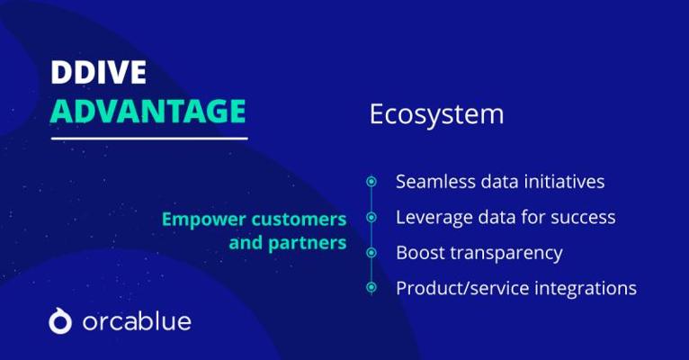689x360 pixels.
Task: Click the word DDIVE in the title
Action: pyautogui.click(x=98, y=72)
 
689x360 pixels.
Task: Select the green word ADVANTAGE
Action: pyautogui.click(x=148, y=112)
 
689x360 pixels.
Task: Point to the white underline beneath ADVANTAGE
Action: pyautogui.click(x=149, y=139)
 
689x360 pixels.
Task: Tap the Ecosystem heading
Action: pyautogui.click(x=436, y=114)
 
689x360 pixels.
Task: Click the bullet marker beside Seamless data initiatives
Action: pyautogui.click(x=371, y=182)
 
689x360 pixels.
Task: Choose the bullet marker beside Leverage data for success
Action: pyautogui.click(x=371, y=217)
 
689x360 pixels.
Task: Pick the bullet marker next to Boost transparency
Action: pyautogui.click(x=371, y=253)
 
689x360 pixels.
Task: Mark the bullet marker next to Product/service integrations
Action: pyautogui.click(x=371, y=287)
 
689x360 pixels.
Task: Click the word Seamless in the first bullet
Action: pyautogui.click(x=435, y=182)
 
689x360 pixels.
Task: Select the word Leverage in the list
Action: pyautogui.click(x=433, y=218)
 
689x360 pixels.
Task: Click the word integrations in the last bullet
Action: pyautogui.click(x=586, y=289)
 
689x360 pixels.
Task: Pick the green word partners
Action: pyautogui.click(x=307, y=244)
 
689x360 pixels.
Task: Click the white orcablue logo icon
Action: pyautogui.click(x=60, y=321)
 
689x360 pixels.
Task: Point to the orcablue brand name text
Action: pyautogui.click(x=137, y=321)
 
